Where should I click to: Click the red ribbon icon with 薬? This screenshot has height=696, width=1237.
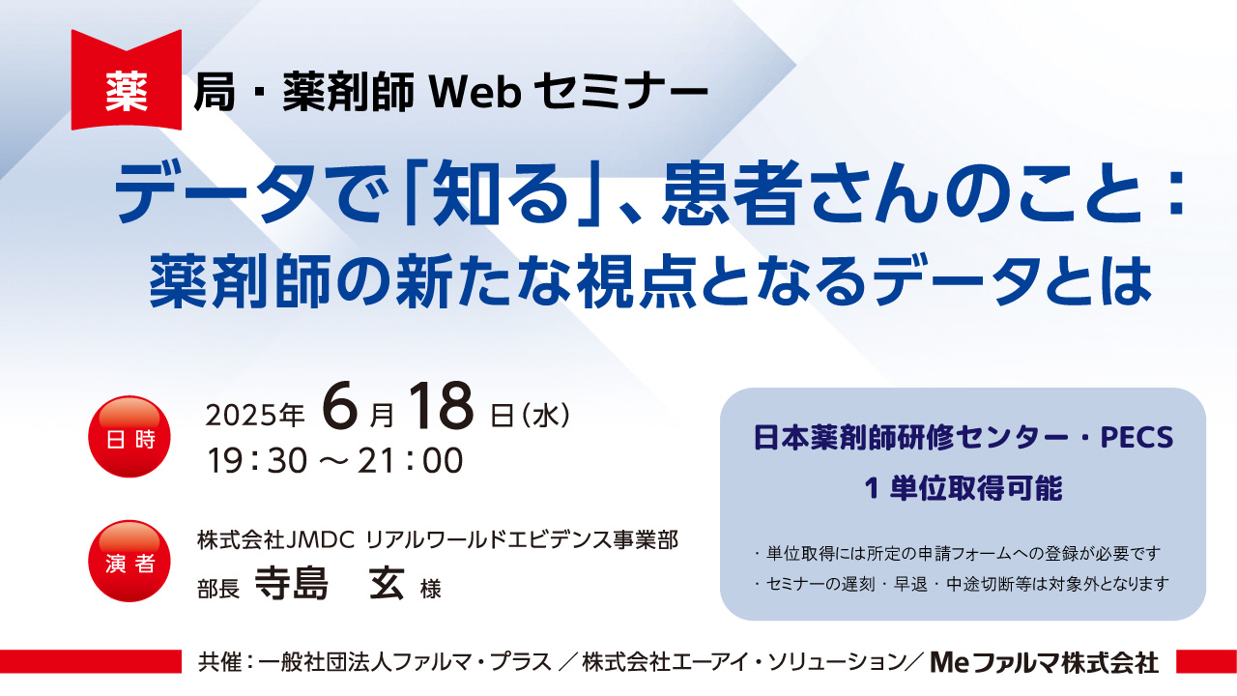click(x=127, y=80)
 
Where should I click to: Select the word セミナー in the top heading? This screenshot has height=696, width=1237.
click(x=620, y=92)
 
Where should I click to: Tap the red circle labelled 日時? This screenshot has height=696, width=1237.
click(x=129, y=436)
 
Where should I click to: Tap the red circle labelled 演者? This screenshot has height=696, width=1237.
click(x=129, y=561)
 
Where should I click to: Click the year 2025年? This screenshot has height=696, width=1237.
click(x=254, y=416)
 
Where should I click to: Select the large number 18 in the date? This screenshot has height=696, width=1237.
click(x=441, y=408)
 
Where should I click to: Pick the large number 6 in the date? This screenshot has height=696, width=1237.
click(x=339, y=408)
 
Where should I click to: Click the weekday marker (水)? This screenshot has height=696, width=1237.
click(x=545, y=416)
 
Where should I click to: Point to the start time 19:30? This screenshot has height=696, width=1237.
click(x=257, y=461)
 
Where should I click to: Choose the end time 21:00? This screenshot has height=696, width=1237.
click(x=410, y=461)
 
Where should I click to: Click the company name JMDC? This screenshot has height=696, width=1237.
click(x=320, y=539)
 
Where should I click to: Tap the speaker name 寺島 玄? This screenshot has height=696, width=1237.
click(x=330, y=583)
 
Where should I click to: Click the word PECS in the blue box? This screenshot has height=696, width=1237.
click(x=1136, y=438)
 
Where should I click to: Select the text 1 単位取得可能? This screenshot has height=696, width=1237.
click(x=964, y=488)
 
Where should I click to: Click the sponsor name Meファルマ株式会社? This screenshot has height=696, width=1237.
click(x=1045, y=662)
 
